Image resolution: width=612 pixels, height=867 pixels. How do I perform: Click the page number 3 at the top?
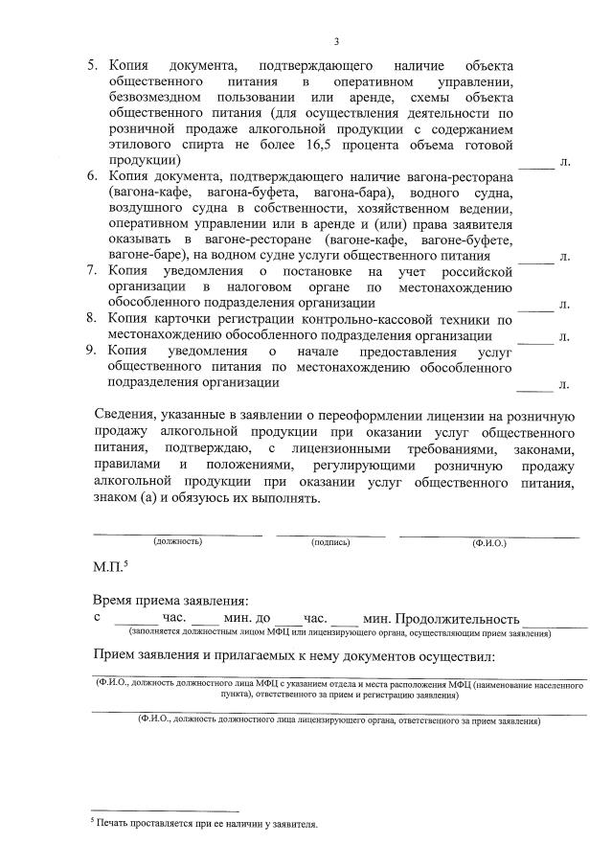pos(336,41)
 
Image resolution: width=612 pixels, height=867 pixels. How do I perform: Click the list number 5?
pos(93,65)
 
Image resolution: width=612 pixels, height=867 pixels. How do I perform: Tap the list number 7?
pos(93,271)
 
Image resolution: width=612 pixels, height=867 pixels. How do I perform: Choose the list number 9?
pos(93,351)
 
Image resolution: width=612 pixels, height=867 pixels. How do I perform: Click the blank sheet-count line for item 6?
pos(536,260)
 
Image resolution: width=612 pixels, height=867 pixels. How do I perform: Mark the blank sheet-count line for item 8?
pos(536,339)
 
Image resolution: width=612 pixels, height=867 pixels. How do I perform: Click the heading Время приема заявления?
pos(170,599)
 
